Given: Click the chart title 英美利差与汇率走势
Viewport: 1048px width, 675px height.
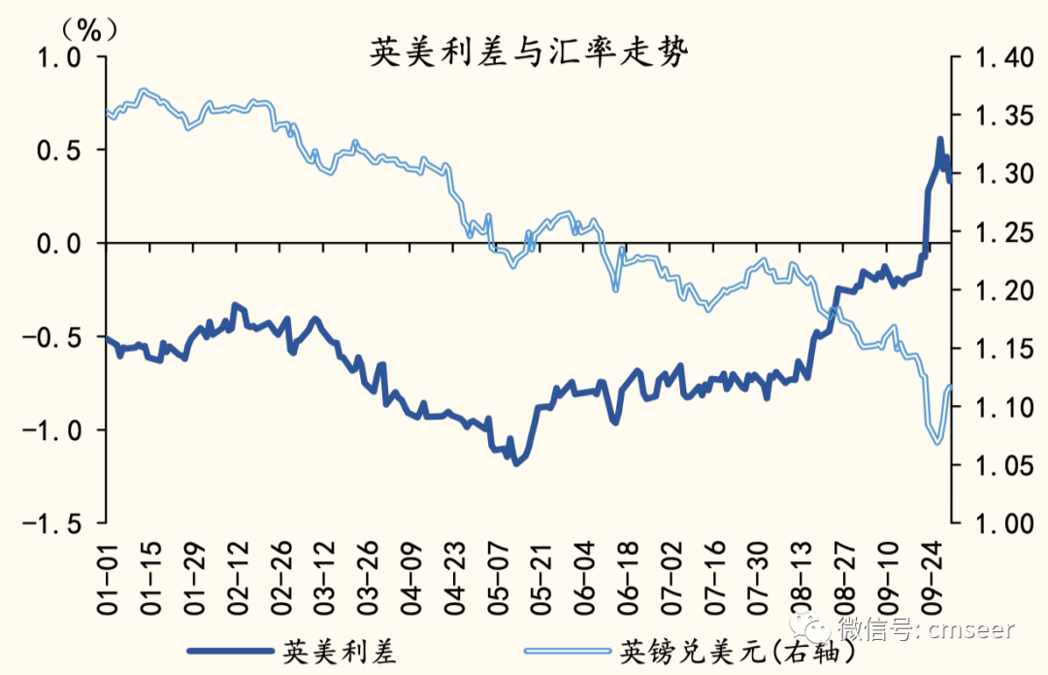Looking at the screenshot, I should coord(529,53).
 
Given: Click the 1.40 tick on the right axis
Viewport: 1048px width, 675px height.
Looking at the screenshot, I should coord(995,57).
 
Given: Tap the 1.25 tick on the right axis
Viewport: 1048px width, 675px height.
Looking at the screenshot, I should coord(995,232).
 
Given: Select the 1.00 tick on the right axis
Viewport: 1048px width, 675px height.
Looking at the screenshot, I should coord(995,523).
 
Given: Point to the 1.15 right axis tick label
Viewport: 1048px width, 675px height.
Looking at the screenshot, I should coord(995,349).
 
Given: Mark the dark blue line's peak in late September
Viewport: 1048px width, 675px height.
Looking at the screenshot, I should coord(939,140).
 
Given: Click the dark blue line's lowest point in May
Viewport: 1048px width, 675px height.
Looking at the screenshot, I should coord(516,462).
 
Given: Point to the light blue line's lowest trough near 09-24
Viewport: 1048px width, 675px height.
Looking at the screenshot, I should coord(937,443).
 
